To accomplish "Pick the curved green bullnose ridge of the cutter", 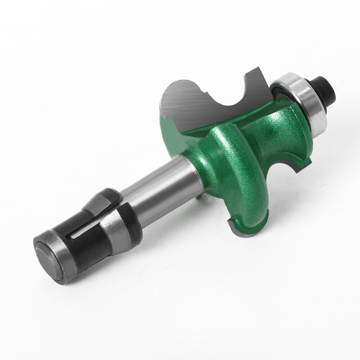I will (245, 180).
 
